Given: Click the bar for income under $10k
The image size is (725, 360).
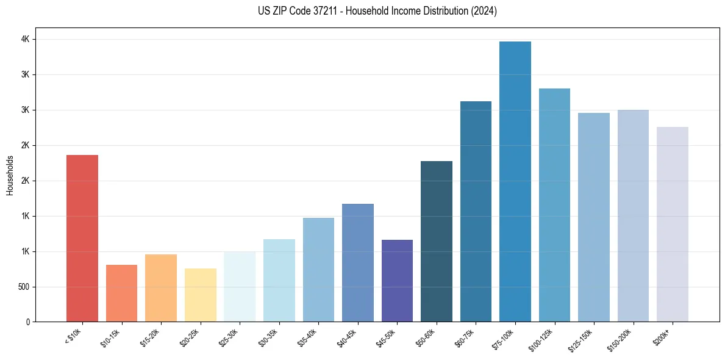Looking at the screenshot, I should pyautogui.click(x=82, y=238).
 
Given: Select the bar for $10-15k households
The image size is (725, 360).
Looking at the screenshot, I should pyautogui.click(x=121, y=293).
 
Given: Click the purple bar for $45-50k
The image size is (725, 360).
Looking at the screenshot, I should pyautogui.click(x=397, y=281).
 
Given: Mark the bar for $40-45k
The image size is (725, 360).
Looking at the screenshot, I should pyautogui.click(x=358, y=262).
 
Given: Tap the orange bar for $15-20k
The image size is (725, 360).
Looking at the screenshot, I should pyautogui.click(x=161, y=288).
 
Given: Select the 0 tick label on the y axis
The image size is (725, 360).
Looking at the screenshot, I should pyautogui.click(x=27, y=322).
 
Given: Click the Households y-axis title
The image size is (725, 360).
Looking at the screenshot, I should pyautogui.click(x=10, y=175).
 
